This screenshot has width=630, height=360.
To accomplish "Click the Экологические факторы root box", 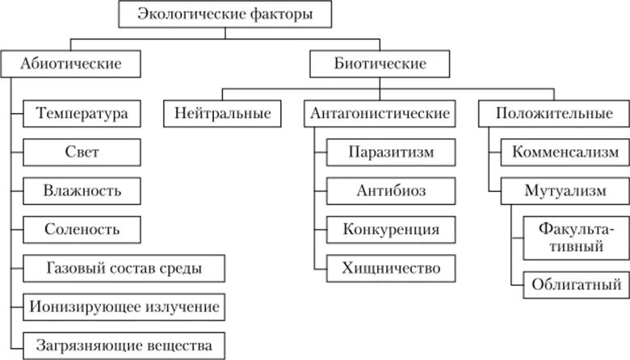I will [x=223, y=15].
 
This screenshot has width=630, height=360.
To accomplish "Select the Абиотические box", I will [x=71, y=63].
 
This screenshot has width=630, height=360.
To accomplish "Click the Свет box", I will [x=82, y=151].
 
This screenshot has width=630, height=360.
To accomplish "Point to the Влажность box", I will [x=82, y=190].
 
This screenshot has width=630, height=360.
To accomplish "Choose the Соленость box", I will [x=82, y=229].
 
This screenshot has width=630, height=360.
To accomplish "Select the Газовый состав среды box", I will [x=124, y=268].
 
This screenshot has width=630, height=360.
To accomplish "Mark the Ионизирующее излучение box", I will [x=124, y=308].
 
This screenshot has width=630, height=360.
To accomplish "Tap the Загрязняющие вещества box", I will [x=124, y=346].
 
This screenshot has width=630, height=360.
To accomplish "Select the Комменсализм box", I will [x=565, y=151].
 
